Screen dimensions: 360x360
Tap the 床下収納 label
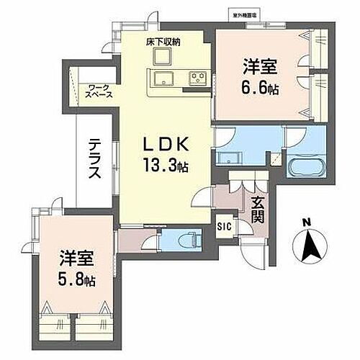(163, 42)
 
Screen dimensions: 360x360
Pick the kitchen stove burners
(197, 78)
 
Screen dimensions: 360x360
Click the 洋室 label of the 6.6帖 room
(259, 66)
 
